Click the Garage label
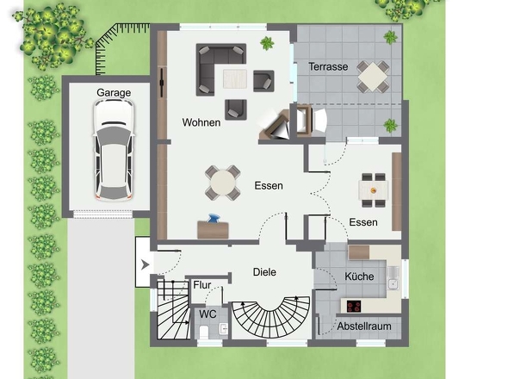[114, 93]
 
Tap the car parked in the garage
[114, 150]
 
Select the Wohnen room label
[201, 122]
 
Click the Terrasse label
[328, 67]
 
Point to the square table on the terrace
[373, 77]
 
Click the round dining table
[223, 183]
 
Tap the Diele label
[264, 272]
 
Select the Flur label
[202, 285]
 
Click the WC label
[208, 314]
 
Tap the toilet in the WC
[204, 332]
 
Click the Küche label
[359, 276]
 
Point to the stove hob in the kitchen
[354, 307]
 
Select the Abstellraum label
[364, 326]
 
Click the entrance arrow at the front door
[146, 265]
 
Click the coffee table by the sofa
[235, 78]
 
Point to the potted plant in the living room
[267, 43]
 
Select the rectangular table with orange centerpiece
[373, 190]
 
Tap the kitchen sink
[393, 278]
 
